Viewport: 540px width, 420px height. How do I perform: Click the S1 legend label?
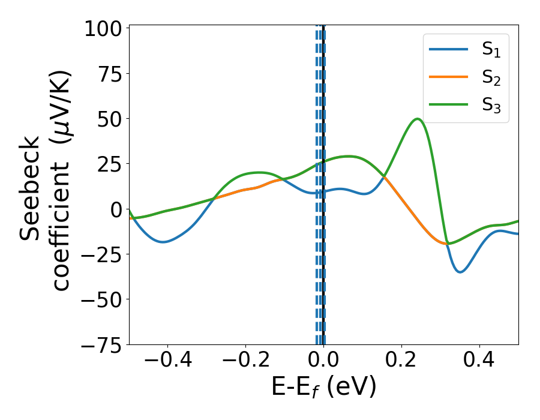coord(491,50)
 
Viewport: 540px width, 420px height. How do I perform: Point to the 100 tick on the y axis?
coord(103,29)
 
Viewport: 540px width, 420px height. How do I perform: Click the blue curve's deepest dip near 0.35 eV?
coord(460,272)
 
